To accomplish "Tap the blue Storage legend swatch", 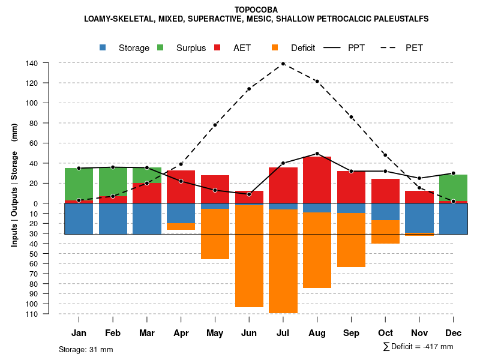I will pos(103,48).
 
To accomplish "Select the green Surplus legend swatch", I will pos(161,48).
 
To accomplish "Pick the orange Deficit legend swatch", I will pos(275,48).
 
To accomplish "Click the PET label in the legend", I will pos(414,48).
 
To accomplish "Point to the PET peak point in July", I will pos(283,64).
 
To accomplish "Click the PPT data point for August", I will pos(317,154).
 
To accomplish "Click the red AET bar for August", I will pos(317,180).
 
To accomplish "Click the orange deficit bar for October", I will pos(385,232).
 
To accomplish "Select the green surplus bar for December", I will pos(453,188).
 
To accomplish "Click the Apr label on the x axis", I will pos(181,333).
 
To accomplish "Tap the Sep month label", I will pos(351,333).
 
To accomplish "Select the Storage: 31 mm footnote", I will pos(86,349).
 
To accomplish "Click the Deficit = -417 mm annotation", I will pos(418,346).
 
